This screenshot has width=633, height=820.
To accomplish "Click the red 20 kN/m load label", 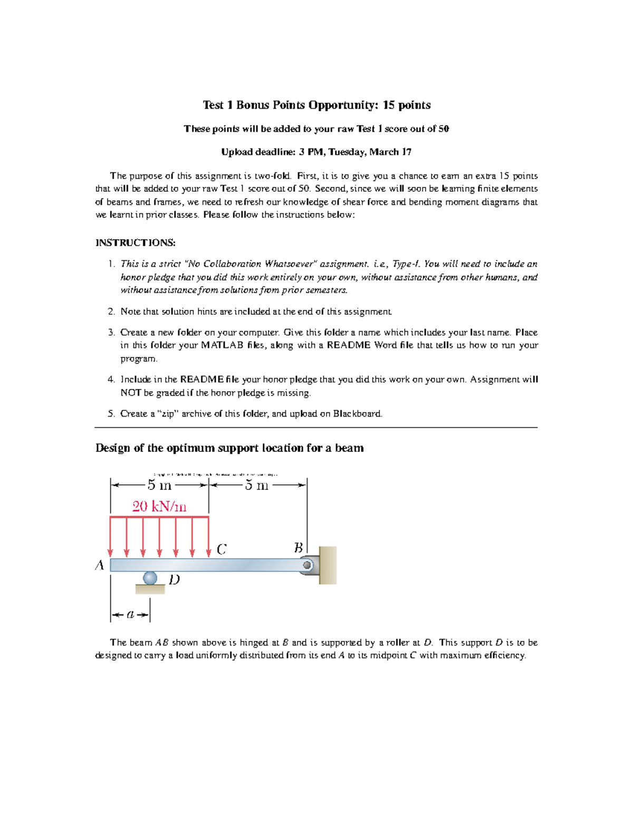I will tap(159, 506).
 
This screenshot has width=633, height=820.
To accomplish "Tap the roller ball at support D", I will tap(150, 578).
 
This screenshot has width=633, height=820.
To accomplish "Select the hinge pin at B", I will tap(306, 565).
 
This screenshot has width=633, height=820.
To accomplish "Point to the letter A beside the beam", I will tap(100, 565).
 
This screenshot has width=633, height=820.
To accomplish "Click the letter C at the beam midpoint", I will tap(222, 549).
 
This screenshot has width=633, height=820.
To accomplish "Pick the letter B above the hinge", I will tap(298, 548).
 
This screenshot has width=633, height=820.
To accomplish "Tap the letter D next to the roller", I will tap(174, 580).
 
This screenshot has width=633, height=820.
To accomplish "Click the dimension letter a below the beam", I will tap(130, 614).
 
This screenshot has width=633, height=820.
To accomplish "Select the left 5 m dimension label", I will tap(159, 485).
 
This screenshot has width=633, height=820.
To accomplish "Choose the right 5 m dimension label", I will tap(257, 485).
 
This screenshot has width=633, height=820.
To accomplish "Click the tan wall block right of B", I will tap(328, 565).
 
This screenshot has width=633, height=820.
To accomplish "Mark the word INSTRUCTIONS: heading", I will tap(136, 243).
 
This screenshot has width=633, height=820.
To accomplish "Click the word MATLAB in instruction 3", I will tap(222, 345).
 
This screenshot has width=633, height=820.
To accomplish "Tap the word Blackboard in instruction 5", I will tap(357, 413).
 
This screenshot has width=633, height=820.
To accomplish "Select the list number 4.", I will tap(111, 380).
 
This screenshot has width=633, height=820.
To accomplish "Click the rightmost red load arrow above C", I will tap(209, 537).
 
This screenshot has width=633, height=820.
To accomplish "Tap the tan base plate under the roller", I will tap(150, 589).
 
